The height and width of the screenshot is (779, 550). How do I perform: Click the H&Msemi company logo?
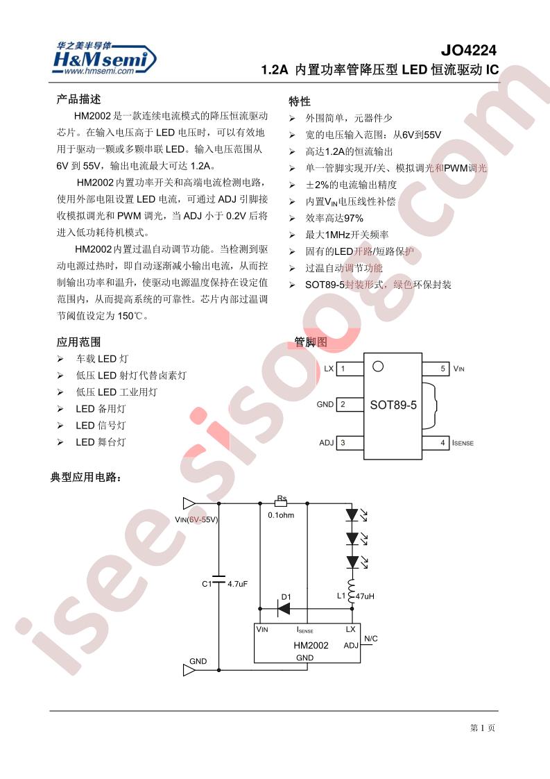[104, 58]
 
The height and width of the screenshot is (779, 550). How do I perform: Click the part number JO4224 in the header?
[468, 50]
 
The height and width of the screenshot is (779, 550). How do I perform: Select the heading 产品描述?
[78, 99]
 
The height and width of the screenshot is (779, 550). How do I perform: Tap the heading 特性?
[300, 101]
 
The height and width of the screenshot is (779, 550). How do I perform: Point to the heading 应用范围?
[78, 342]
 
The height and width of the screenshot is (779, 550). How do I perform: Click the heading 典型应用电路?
[86, 478]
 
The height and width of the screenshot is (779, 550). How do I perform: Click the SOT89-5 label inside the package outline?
[393, 405]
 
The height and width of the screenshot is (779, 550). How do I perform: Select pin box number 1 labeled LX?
[350, 369]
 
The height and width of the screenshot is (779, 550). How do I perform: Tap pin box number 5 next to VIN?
[436, 369]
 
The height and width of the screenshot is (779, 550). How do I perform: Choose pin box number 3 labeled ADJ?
[350, 443]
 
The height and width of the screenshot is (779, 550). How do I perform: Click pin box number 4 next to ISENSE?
[436, 443]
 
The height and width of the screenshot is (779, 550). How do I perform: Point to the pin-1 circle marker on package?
[378, 366]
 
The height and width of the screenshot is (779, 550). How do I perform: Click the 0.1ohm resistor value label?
[281, 515]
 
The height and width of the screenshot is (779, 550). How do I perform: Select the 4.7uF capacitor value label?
[237, 584]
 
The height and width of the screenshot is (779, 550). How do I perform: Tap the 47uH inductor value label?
[365, 596]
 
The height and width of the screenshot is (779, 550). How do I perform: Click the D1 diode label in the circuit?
[286, 597]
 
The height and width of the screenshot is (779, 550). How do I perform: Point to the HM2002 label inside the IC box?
[311, 646]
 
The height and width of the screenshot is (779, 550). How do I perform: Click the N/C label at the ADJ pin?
[371, 638]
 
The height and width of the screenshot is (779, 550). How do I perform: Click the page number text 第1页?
[483, 728]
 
